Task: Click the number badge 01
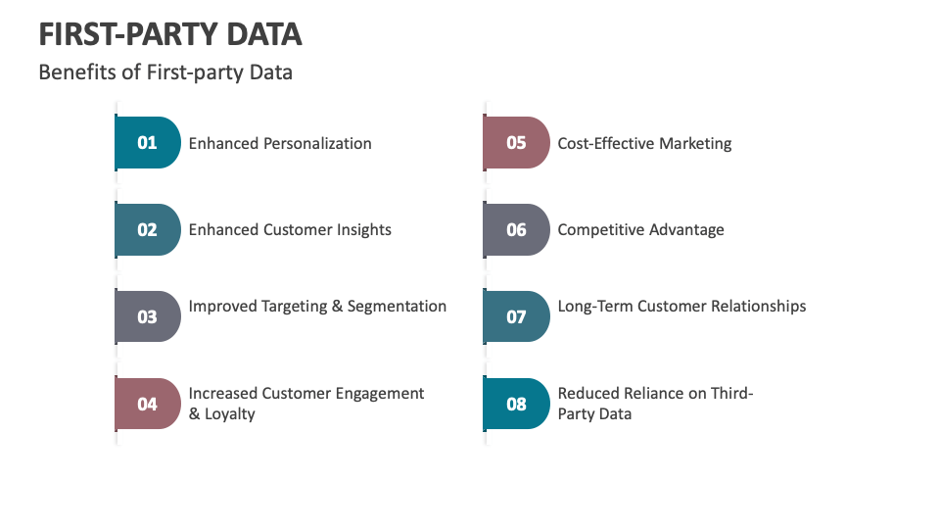point(148,143)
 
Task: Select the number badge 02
point(148,229)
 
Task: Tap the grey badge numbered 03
point(148,316)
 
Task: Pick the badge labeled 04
point(148,404)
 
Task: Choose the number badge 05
point(516,143)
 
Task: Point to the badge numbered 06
point(516,229)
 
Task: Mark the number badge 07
point(516,316)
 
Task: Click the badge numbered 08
point(516,404)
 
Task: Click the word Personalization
point(317,143)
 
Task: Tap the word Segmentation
point(397,307)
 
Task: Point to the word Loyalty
point(229,414)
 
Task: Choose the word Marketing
point(695,144)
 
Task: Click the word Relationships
point(758,307)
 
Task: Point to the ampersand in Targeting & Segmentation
point(338,307)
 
